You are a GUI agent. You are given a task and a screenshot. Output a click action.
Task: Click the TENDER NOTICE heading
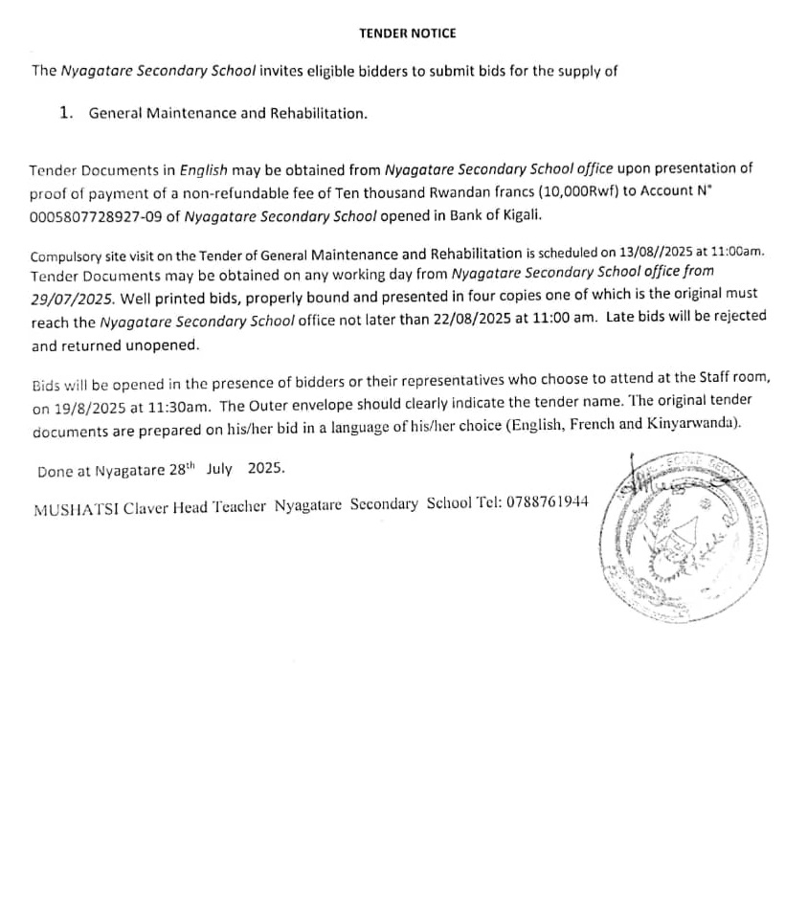[407, 33]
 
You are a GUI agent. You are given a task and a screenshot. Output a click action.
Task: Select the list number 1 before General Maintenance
[65, 113]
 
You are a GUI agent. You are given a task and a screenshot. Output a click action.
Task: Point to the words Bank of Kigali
[489, 215]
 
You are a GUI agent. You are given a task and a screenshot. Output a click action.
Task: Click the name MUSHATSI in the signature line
[69, 505]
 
